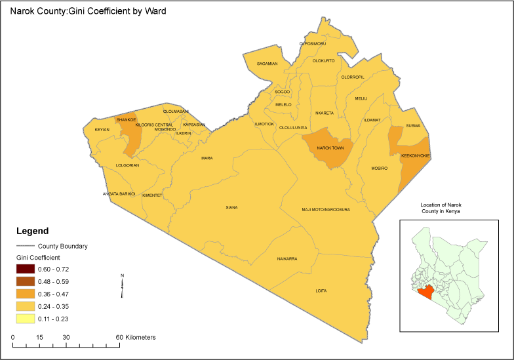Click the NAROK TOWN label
pyautogui.click(x=330, y=148)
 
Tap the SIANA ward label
pyautogui.click(x=231, y=208)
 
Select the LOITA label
pyautogui.click(x=321, y=291)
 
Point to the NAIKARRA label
pyautogui.click(x=287, y=259)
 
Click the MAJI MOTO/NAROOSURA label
pyautogui.click(x=326, y=210)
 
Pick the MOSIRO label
pyautogui.click(x=380, y=169)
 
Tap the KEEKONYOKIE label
pyautogui.click(x=415, y=156)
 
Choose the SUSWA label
pyautogui.click(x=413, y=126)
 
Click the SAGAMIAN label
pyautogui.click(x=267, y=64)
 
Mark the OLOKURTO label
pyautogui.click(x=324, y=61)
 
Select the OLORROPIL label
pyautogui.click(x=353, y=77)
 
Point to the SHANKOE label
pyautogui.click(x=127, y=120)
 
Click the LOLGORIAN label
pyautogui.click(x=127, y=165)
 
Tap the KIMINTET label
pyautogui.click(x=152, y=195)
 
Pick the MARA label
pyautogui.click(x=207, y=158)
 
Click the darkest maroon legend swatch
pyautogui.click(x=26, y=269)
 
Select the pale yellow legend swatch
pyautogui.click(x=26, y=319)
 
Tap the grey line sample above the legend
pyautogui.click(x=26, y=246)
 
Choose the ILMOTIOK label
pyautogui.click(x=264, y=124)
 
